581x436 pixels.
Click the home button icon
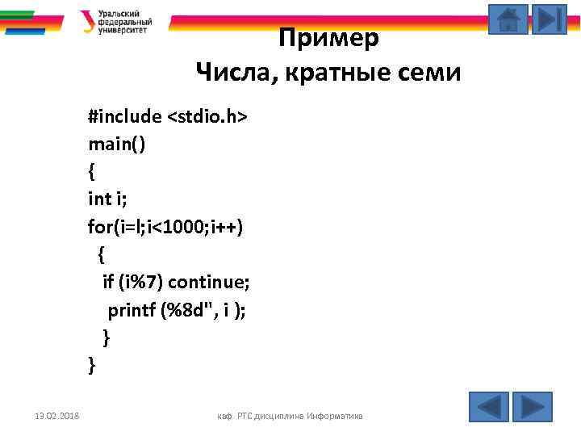(508, 19)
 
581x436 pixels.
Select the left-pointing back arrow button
(488, 406)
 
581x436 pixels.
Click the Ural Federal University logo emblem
(86, 21)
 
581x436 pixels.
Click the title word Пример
(328, 38)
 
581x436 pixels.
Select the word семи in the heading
(419, 73)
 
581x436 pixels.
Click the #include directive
(125, 118)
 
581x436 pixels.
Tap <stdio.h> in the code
(207, 118)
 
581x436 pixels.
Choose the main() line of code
(117, 145)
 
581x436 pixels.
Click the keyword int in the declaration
(99, 199)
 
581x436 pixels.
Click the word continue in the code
(211, 282)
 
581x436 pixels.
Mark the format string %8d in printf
(184, 310)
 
